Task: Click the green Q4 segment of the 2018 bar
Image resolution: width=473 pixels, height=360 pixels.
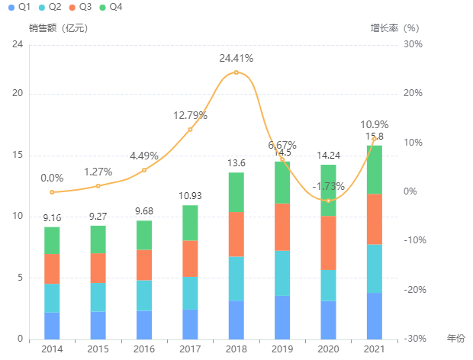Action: [236, 192]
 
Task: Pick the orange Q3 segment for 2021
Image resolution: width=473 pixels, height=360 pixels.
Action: [374, 219]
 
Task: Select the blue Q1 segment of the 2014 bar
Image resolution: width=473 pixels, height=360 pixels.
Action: [52, 326]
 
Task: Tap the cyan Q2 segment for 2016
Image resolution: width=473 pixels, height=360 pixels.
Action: [144, 295]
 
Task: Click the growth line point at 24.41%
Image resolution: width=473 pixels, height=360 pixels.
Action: [236, 72]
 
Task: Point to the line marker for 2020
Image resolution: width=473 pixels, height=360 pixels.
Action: [328, 201]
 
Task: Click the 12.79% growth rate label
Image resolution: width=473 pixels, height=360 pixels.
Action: [190, 116]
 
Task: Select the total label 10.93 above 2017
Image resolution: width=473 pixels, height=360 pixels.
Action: [190, 197]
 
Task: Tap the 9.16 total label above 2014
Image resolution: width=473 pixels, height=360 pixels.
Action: [52, 218]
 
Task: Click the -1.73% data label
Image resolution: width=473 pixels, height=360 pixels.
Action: [328, 186]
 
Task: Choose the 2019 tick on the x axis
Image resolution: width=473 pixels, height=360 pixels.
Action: [282, 349]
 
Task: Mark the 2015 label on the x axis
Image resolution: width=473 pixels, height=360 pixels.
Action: [98, 349]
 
